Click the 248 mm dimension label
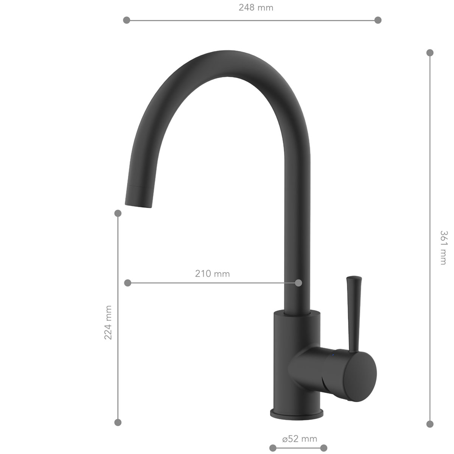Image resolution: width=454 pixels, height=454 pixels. (x=256, y=8)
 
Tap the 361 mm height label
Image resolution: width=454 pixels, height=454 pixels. (x=443, y=247)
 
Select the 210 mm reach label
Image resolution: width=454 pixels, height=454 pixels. (x=212, y=274)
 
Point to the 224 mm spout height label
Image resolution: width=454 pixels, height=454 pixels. (x=108, y=323)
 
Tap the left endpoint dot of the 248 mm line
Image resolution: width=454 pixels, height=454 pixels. (x=126, y=20)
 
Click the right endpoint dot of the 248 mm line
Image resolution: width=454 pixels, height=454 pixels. (x=378, y=20)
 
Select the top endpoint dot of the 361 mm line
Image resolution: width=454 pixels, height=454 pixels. (x=430, y=53)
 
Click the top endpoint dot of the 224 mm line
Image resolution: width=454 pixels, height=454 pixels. (x=118, y=213)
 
